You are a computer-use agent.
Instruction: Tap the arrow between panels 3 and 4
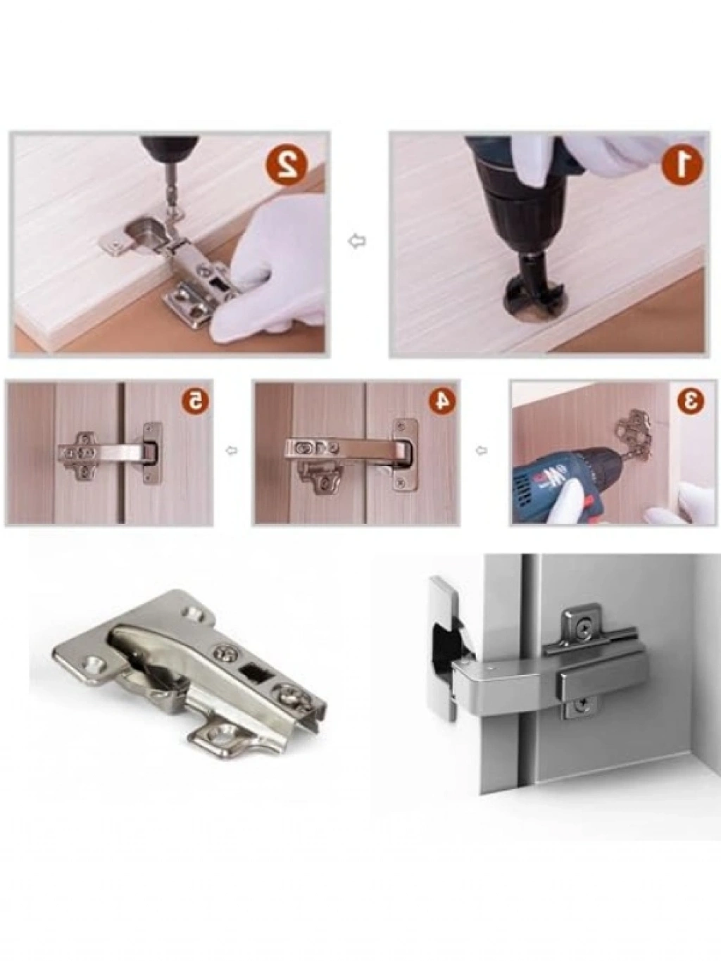[482, 449]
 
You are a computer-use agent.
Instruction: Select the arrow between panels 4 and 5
[232, 450]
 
